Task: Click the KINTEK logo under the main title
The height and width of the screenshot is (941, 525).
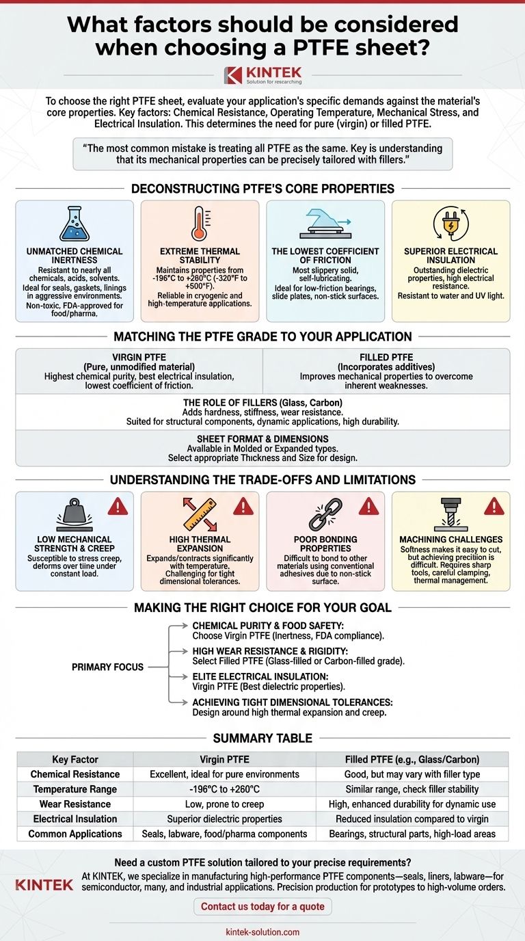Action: [x=262, y=75]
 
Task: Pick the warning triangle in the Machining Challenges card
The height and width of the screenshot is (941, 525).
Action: [x=494, y=507]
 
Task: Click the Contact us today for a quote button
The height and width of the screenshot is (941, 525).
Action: [x=262, y=907]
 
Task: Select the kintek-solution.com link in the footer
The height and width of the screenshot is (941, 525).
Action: [x=262, y=931]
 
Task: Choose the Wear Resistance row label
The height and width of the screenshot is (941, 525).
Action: [x=75, y=804]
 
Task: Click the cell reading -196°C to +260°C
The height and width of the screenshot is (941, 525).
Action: [x=224, y=789]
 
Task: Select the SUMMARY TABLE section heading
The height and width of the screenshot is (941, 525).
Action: [x=262, y=738]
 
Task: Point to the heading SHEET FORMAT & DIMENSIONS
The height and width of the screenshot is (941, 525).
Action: [x=262, y=439]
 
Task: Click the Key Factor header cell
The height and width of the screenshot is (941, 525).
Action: [x=75, y=759]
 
